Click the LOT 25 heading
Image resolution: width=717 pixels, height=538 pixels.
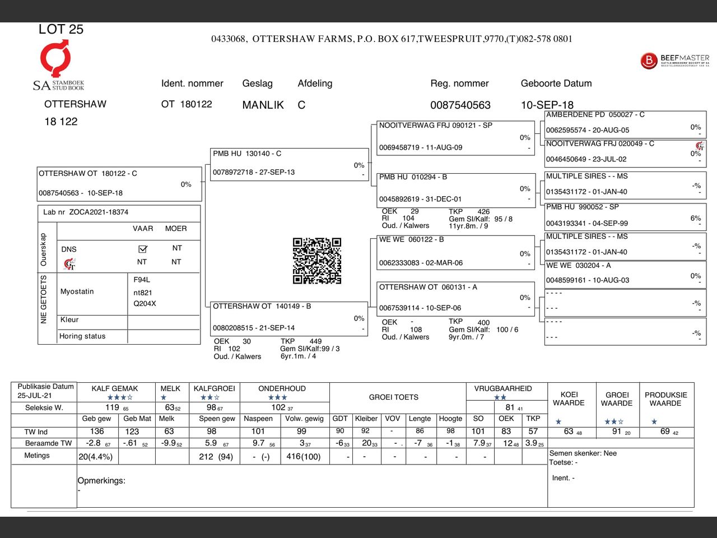pos(60,30)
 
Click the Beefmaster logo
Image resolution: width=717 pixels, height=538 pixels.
pos(674,61)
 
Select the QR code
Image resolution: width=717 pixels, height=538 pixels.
pos(317,261)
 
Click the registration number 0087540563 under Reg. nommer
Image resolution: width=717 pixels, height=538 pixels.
pos(460,105)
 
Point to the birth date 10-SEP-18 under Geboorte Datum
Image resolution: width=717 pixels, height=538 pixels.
pos(547,105)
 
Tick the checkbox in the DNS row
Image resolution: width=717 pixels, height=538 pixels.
pos(142,249)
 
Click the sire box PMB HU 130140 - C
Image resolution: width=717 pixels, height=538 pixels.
pos(289,164)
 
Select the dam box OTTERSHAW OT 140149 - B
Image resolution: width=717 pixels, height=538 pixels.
pos(288,318)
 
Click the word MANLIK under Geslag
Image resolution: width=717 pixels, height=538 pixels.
pos(263,105)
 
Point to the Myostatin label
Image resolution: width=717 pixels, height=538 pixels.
pos(77,291)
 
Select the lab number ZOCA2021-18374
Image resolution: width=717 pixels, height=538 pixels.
pos(99,212)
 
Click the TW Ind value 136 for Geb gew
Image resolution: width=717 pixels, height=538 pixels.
pos(97,432)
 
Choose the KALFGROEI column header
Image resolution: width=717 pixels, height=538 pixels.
pos(214,388)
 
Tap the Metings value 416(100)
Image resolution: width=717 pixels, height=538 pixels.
pos(304,457)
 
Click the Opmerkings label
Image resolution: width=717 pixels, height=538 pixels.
pos(101,481)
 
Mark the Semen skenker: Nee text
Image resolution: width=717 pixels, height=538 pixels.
pos(583,453)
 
